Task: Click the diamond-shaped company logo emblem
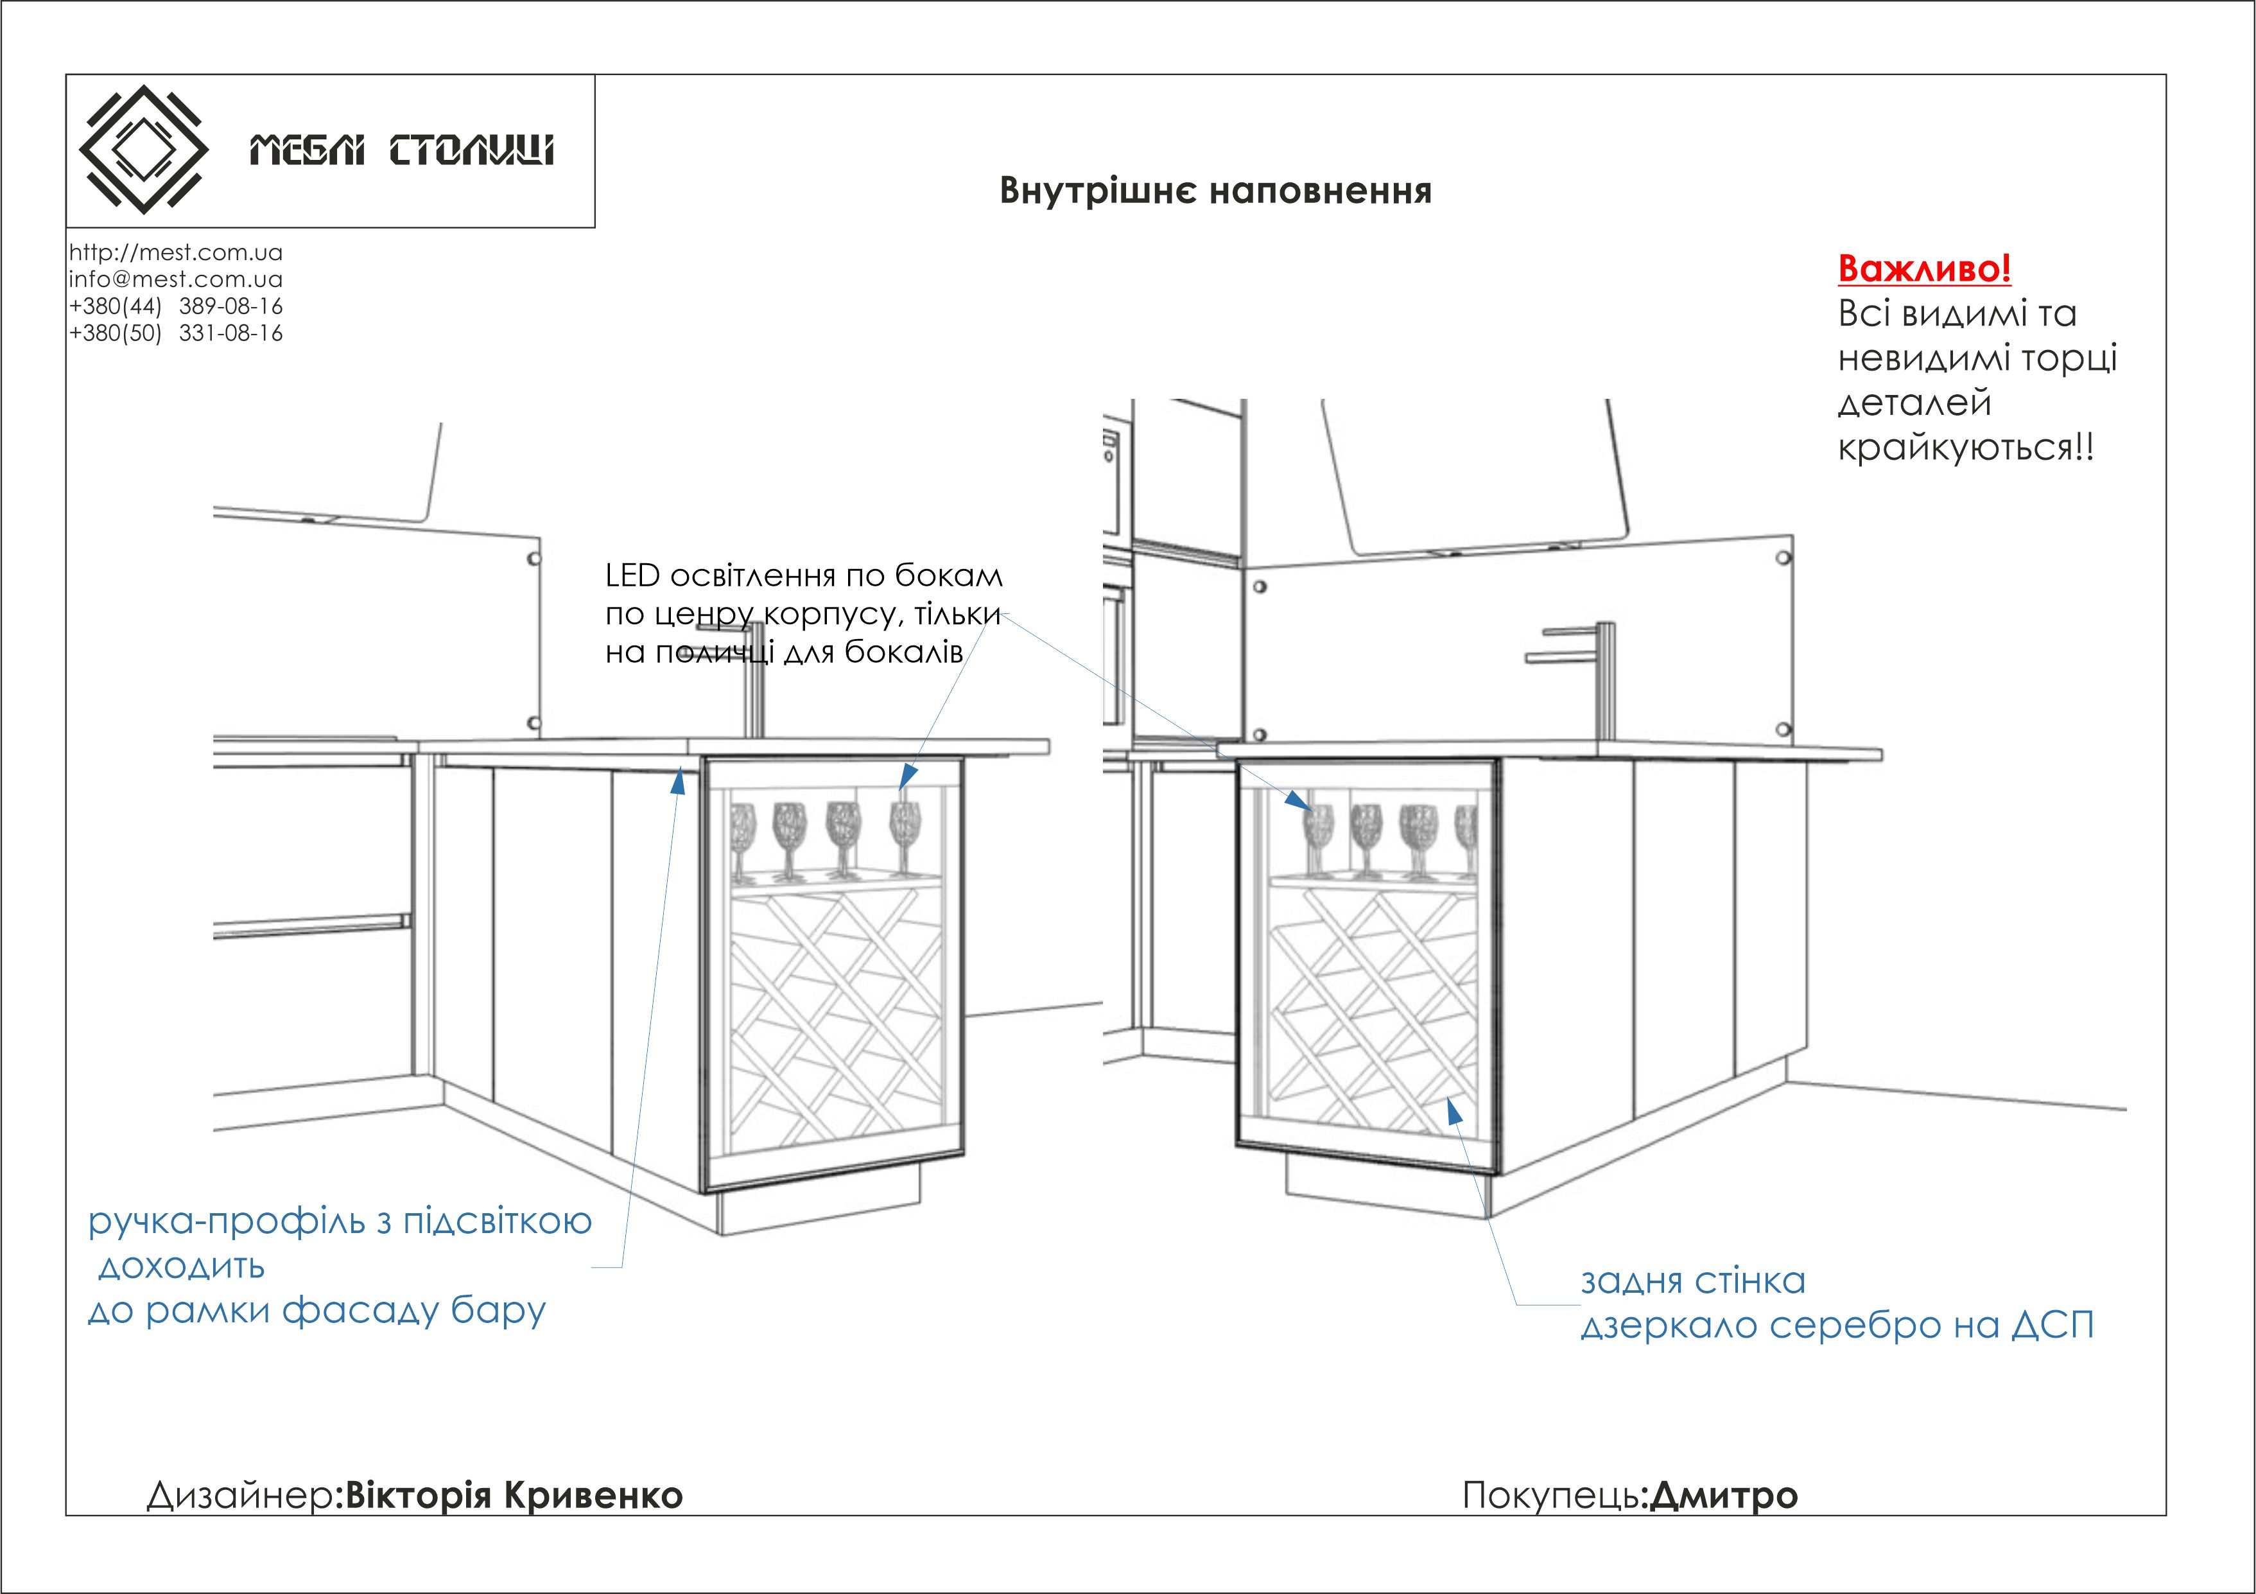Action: (143, 150)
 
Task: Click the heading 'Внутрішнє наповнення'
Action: (1215, 191)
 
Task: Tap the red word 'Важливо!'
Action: (1924, 268)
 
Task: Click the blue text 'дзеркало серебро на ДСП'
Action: (1836, 1325)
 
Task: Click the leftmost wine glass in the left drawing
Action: (743, 836)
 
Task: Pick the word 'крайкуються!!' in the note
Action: (1965, 447)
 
